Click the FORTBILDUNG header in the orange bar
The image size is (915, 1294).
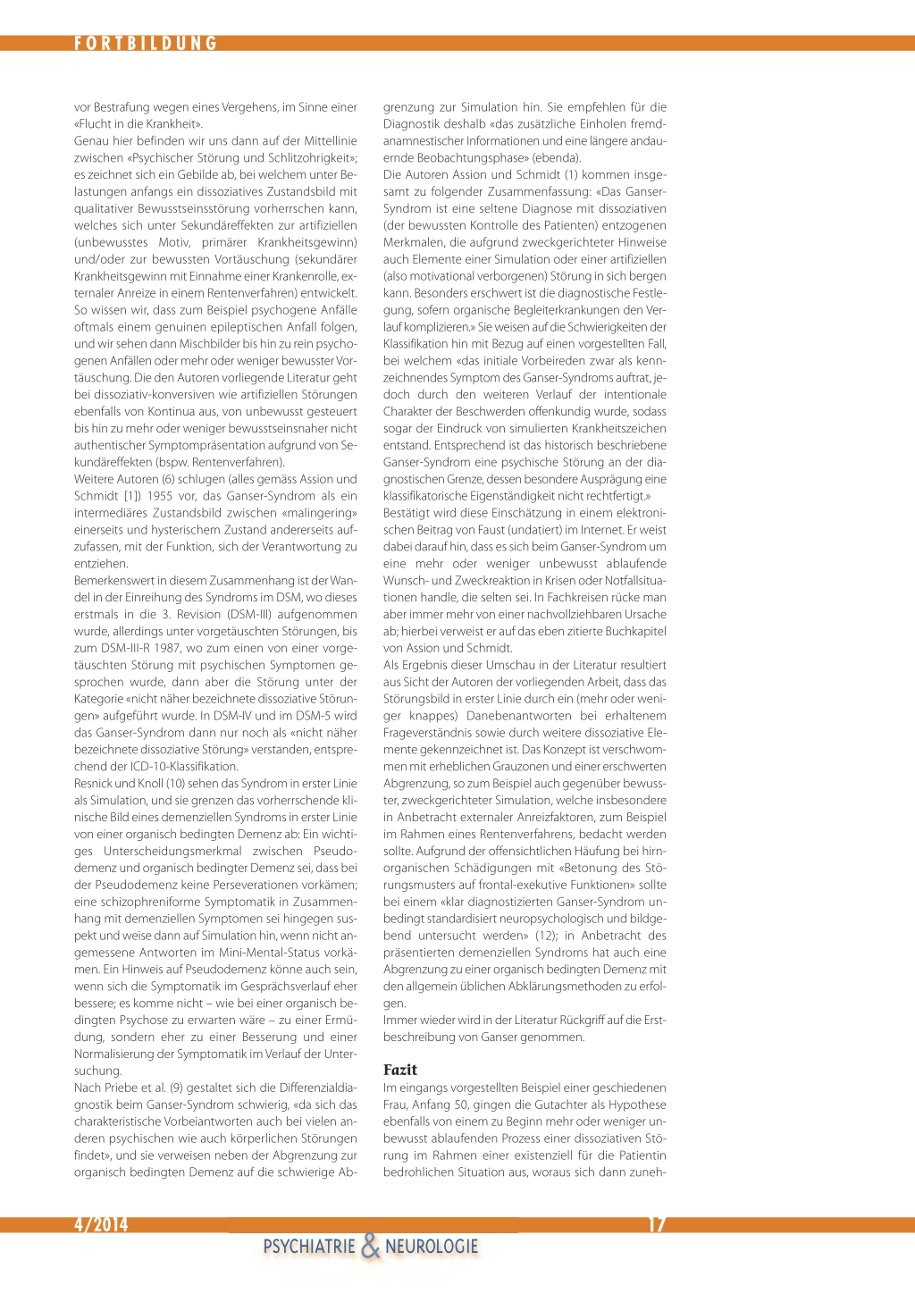(x=146, y=43)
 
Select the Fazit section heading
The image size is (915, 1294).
(x=400, y=1070)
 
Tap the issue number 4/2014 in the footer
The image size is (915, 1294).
(x=101, y=1224)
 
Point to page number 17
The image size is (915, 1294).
(x=657, y=1224)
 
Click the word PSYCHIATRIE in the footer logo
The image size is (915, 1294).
(x=309, y=1247)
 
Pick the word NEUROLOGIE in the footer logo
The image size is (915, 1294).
(x=432, y=1247)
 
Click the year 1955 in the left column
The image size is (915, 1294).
(x=160, y=496)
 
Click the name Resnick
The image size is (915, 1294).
(x=94, y=783)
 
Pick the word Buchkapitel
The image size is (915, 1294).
(x=634, y=631)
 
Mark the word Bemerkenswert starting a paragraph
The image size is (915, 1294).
(x=116, y=581)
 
